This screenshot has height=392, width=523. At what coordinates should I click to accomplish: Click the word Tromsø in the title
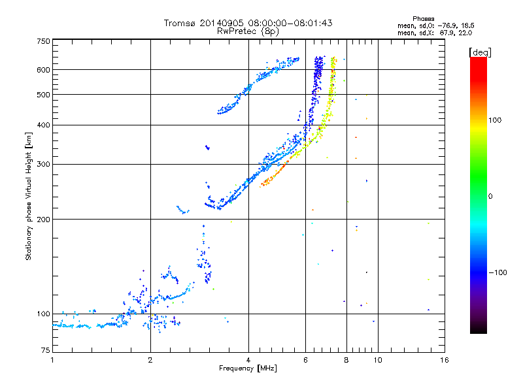(180, 23)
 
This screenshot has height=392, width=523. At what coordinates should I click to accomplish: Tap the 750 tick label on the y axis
(42, 41)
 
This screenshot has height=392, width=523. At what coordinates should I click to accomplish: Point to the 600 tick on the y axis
(42, 69)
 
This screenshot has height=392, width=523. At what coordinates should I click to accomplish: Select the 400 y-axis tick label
(42, 125)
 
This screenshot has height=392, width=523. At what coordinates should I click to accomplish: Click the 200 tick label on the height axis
(42, 219)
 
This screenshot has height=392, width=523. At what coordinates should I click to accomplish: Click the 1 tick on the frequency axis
(52, 360)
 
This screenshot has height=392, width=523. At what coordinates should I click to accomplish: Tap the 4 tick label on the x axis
(248, 360)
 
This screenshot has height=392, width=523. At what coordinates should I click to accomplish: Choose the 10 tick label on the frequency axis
(378, 360)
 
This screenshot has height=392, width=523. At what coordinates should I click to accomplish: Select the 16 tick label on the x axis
(444, 360)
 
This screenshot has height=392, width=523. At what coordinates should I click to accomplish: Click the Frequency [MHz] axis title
(248, 368)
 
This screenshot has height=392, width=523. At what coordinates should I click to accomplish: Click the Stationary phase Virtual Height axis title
(29, 195)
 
